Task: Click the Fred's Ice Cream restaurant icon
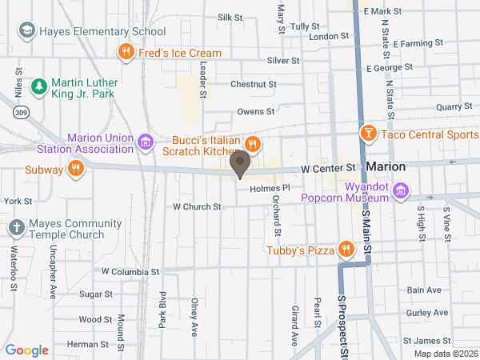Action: tap(126, 53)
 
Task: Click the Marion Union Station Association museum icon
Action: tap(146, 143)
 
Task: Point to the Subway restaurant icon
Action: tap(75, 168)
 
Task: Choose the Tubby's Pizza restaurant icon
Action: tap(346, 250)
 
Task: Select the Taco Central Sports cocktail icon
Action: tap(369, 134)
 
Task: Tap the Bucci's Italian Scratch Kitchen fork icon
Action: tap(252, 144)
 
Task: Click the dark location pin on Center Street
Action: tap(239, 165)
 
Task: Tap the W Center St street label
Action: tap(328, 169)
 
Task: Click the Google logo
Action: tap(27, 350)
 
